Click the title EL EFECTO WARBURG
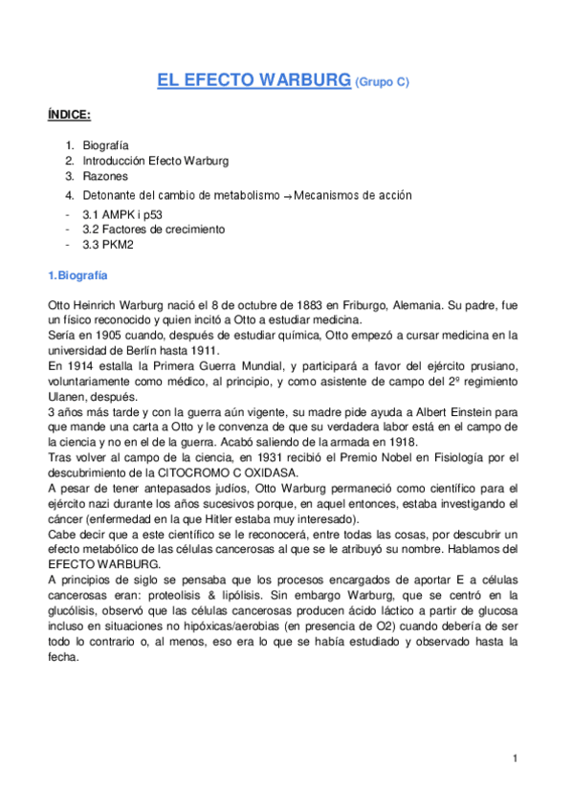(253, 81)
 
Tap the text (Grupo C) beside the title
(382, 83)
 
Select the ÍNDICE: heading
(69, 115)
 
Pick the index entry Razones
(104, 177)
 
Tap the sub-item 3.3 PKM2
(107, 245)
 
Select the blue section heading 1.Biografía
(78, 275)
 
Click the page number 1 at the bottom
(515, 758)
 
